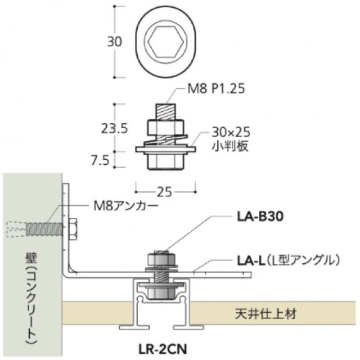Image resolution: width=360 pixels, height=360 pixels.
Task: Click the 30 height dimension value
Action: (x=115, y=42)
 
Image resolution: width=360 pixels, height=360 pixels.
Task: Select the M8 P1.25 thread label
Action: (x=215, y=89)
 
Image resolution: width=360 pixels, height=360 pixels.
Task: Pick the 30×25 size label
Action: (x=230, y=133)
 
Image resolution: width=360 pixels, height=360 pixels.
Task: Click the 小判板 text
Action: (x=229, y=147)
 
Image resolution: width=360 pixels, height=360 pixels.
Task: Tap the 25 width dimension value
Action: (x=165, y=192)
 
